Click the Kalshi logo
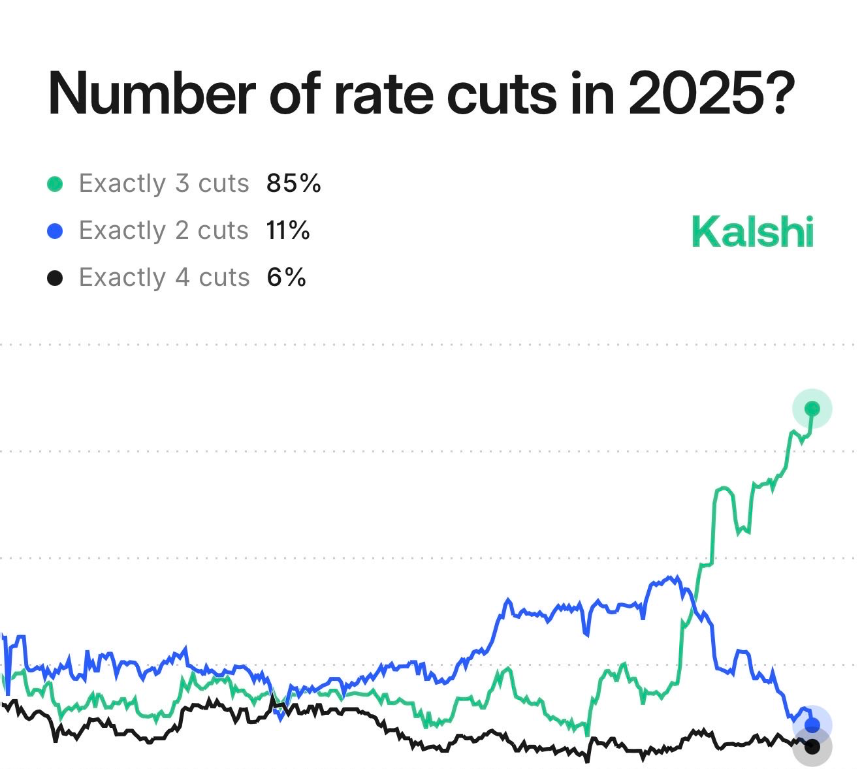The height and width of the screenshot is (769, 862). [752, 232]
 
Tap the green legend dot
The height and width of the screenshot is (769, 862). [56, 184]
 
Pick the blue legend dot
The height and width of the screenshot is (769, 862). [56, 231]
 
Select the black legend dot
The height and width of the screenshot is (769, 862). [56, 278]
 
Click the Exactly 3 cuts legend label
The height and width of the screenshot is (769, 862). [164, 184]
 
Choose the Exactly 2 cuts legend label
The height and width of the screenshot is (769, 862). [164, 231]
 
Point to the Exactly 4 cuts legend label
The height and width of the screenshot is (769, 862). [164, 278]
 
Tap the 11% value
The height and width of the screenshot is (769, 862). [288, 231]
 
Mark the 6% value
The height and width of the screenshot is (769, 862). [287, 278]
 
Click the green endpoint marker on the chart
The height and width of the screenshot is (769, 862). [812, 409]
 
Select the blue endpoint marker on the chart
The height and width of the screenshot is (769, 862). [812, 725]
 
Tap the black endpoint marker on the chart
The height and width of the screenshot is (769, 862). [812, 745]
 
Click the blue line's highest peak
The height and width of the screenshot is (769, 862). [671, 577]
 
